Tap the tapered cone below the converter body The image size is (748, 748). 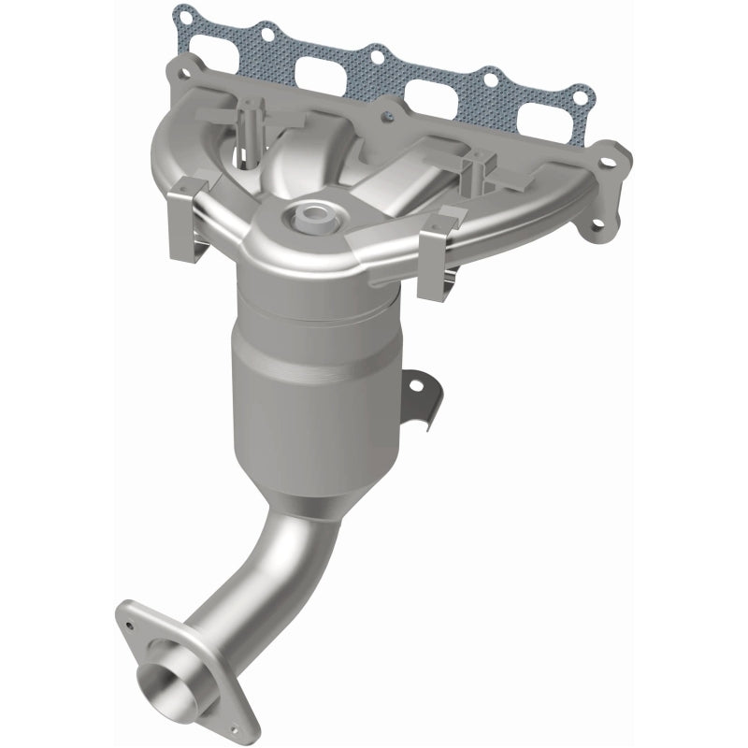(337, 496)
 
